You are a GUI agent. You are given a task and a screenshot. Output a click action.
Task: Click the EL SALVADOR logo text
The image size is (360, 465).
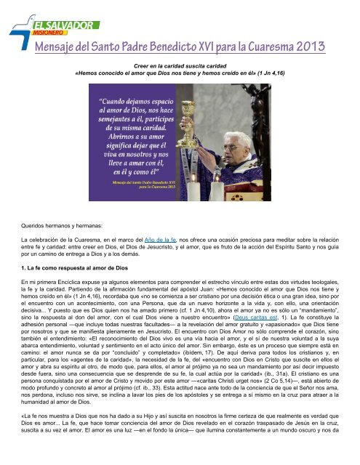coord(55,21)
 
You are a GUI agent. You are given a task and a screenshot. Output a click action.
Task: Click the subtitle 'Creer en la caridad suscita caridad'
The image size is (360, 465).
coord(180,65)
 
